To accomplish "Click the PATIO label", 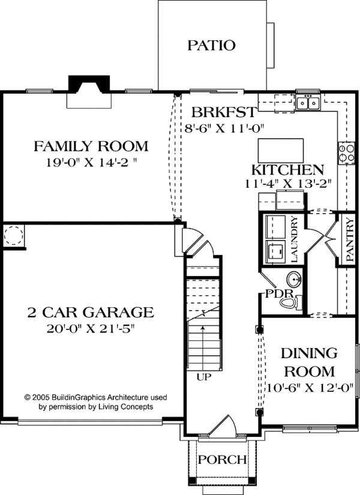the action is (x=212, y=45).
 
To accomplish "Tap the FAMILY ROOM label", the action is (x=91, y=146).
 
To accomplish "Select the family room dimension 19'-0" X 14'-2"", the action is (x=92, y=162).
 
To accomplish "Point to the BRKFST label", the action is (x=224, y=112).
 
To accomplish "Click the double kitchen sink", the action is (x=308, y=103).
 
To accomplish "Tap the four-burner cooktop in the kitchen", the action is (x=346, y=153).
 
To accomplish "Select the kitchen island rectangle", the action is (x=281, y=151).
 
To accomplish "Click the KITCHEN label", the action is (x=287, y=170).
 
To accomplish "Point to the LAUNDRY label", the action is (x=294, y=239).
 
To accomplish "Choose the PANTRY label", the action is (x=350, y=240).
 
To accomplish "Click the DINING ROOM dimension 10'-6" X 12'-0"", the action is (x=310, y=388).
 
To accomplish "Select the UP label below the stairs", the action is (x=203, y=377).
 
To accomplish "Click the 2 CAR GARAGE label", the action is (x=91, y=312).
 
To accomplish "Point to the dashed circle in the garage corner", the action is (x=14, y=235).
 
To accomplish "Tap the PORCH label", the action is (x=223, y=460).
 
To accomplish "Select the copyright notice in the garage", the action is (x=95, y=402).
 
